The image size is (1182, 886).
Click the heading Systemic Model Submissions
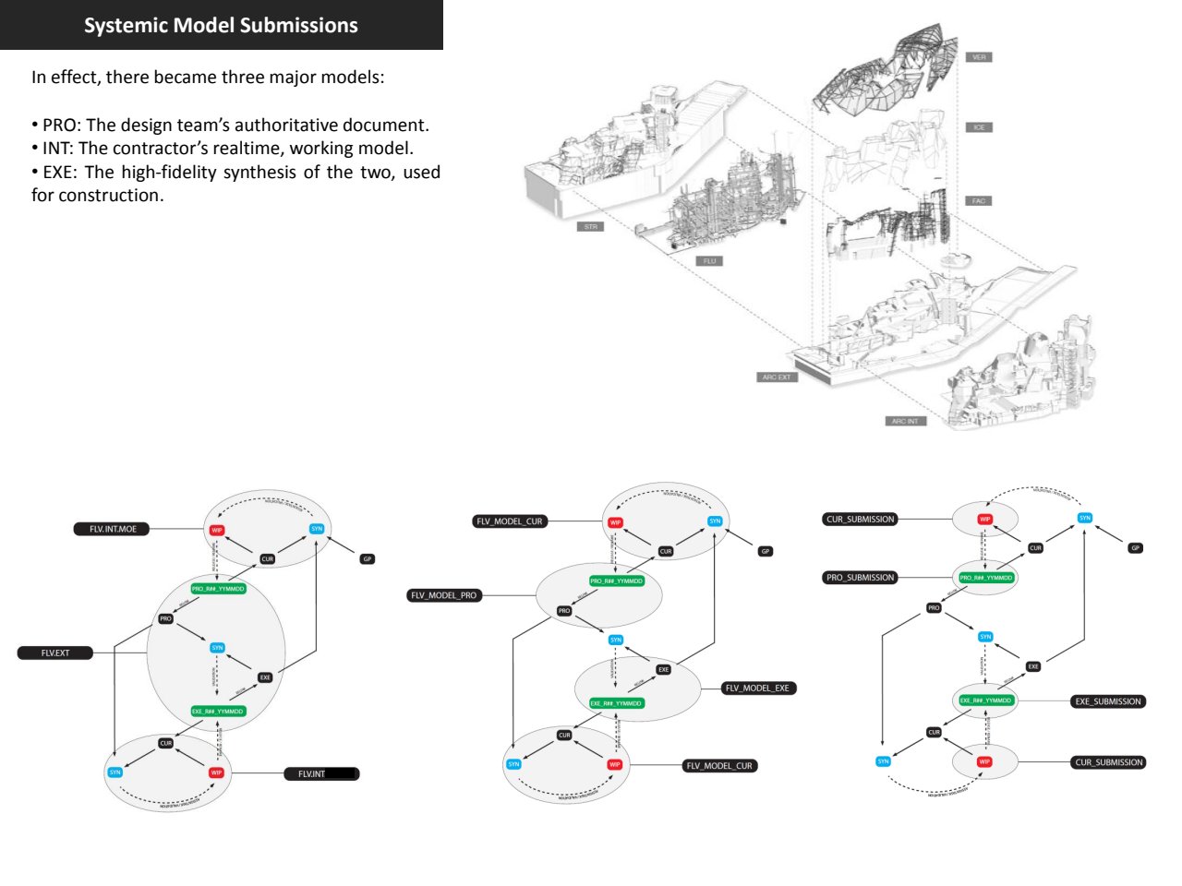pos(221,25)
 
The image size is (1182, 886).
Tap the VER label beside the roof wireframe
pos(979,57)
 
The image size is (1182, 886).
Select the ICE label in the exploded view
pos(979,127)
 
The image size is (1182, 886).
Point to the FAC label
pos(979,200)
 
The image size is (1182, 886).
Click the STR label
pos(591,226)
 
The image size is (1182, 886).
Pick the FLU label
pos(709,261)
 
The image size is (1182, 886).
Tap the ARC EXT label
pos(776,377)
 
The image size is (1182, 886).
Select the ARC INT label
pos(904,421)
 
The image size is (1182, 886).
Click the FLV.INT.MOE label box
pos(112,529)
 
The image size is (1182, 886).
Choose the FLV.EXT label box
pos(55,653)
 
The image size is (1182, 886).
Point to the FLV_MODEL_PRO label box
pos(444,595)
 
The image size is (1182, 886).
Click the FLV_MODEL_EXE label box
pos(757,688)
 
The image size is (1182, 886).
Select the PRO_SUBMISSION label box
pos(860,578)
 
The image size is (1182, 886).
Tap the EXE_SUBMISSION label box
pos(1108,701)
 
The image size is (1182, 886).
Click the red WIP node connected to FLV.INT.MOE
pos(217,530)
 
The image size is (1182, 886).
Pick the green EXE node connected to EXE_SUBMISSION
pos(985,700)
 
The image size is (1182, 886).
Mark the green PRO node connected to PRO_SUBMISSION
pos(985,578)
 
